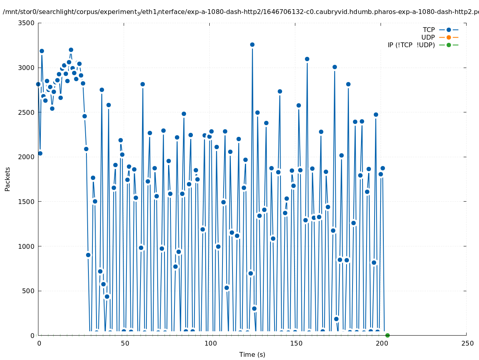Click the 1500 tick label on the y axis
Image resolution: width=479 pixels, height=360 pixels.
[27, 202]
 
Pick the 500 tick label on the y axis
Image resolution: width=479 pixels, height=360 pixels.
[28, 291]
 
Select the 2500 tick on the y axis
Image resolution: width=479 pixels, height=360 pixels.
[27, 112]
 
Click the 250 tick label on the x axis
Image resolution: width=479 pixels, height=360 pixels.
[467, 344]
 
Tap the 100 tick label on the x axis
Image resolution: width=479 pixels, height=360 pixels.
[210, 344]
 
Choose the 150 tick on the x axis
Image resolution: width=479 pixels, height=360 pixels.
[295, 344]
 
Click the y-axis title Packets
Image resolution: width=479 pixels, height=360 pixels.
[8, 179]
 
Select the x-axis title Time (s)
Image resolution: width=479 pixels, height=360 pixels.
[252, 355]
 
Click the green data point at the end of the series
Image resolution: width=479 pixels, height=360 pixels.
[387, 335]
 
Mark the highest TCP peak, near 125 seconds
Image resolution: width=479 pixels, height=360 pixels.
[252, 44]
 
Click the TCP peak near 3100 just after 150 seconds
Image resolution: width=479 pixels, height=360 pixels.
[307, 59]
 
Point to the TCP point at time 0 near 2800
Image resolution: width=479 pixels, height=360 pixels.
[38, 84]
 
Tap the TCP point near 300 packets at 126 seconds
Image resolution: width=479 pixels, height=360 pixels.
[254, 308]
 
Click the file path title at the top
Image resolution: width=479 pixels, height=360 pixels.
[240, 12]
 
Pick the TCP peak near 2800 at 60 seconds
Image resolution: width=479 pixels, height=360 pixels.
[142, 84]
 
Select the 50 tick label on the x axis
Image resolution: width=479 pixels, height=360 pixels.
[124, 344]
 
